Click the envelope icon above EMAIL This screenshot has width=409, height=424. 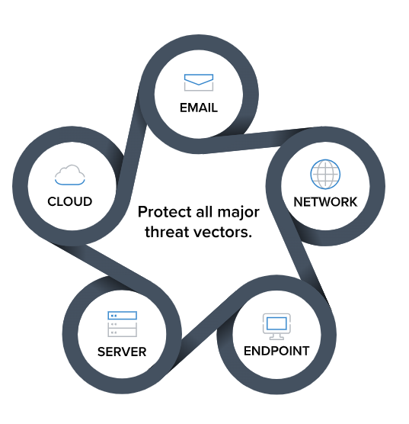click(199, 82)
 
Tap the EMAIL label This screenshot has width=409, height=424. click(199, 108)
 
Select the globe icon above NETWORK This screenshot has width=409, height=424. click(325, 174)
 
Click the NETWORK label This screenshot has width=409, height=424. click(325, 202)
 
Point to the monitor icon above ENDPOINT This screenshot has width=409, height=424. click(276, 326)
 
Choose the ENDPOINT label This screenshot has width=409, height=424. click(276, 351)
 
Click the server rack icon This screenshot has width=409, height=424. click(122, 324)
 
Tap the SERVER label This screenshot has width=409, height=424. click(122, 352)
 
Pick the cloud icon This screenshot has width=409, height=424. click(70, 175)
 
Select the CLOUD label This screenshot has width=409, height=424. click(70, 201)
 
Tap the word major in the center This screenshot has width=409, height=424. click(238, 213)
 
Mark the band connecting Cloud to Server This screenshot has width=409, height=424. click(104, 265)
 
